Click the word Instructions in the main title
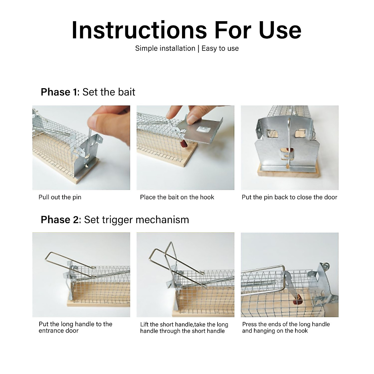(x=139, y=30)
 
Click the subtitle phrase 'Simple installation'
(x=165, y=48)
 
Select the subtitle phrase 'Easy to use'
(x=220, y=48)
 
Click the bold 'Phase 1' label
(x=59, y=92)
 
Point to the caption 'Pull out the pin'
(x=60, y=197)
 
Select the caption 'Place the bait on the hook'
(x=177, y=197)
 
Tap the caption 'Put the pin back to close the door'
(x=289, y=197)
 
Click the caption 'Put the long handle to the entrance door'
(x=75, y=328)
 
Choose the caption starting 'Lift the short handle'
(x=184, y=328)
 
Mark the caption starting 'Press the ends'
(x=286, y=328)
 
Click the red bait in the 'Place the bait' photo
(x=183, y=144)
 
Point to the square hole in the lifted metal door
(x=201, y=129)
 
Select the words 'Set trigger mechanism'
(x=137, y=220)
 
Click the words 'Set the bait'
(x=109, y=92)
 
